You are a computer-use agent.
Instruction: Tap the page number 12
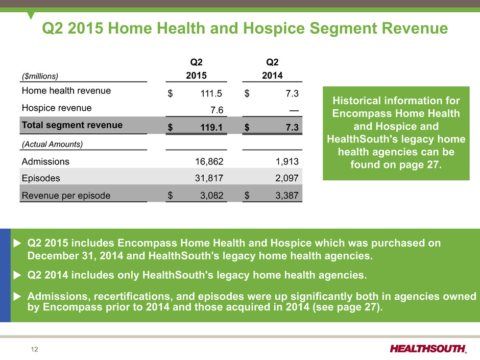[x=34, y=349]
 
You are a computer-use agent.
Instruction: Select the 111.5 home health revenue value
[x=211, y=93]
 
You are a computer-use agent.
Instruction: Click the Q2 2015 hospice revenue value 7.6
[x=217, y=110]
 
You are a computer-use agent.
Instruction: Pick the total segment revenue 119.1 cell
[x=211, y=127]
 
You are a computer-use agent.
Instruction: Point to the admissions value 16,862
[x=209, y=161]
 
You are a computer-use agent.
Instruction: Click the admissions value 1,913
[x=287, y=161]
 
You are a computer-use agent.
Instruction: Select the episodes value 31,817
[x=209, y=178]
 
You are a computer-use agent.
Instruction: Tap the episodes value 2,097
[x=287, y=178]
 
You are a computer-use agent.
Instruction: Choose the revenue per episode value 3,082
[x=211, y=195]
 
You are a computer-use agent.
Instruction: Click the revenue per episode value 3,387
[x=287, y=195]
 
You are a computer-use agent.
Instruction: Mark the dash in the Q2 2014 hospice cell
[x=294, y=110]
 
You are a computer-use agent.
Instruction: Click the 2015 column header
[x=196, y=75]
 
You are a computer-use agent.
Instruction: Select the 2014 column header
[x=272, y=75]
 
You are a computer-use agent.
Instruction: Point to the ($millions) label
[x=40, y=76]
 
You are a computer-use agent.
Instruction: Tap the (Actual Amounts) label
[x=53, y=144]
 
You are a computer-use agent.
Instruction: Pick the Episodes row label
[x=41, y=178]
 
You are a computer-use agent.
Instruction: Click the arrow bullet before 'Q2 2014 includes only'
[x=17, y=275]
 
